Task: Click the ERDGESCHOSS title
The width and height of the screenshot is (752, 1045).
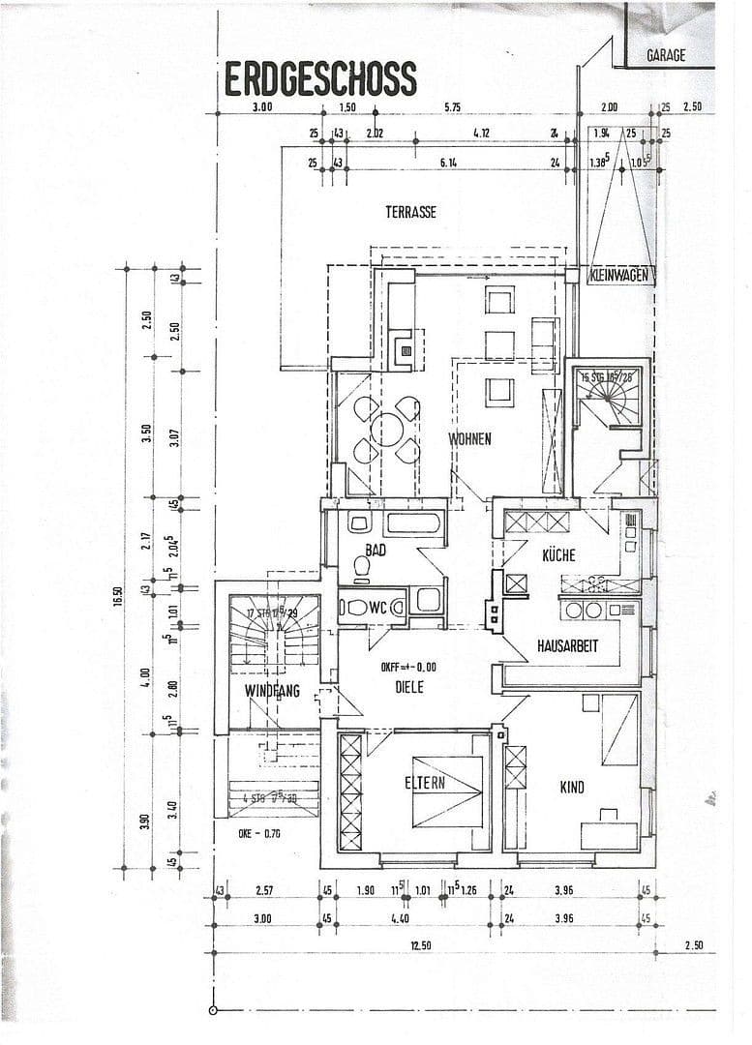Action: click(320, 78)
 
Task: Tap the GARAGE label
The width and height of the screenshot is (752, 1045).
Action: click(666, 55)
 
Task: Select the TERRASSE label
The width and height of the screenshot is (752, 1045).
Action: click(409, 212)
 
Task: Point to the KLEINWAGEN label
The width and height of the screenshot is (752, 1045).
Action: click(620, 277)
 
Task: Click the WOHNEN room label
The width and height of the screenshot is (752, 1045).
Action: click(469, 439)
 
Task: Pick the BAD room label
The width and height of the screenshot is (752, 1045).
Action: click(376, 550)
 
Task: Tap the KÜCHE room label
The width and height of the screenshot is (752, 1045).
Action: click(558, 555)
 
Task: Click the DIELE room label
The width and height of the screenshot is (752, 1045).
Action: click(409, 687)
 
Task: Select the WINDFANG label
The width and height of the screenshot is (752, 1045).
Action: click(272, 691)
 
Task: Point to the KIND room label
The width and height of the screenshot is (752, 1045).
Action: click(572, 788)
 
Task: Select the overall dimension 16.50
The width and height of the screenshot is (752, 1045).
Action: click(116, 602)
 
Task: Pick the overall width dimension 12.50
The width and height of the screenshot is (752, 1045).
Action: click(419, 945)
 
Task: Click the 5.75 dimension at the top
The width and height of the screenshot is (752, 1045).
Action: click(452, 107)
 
